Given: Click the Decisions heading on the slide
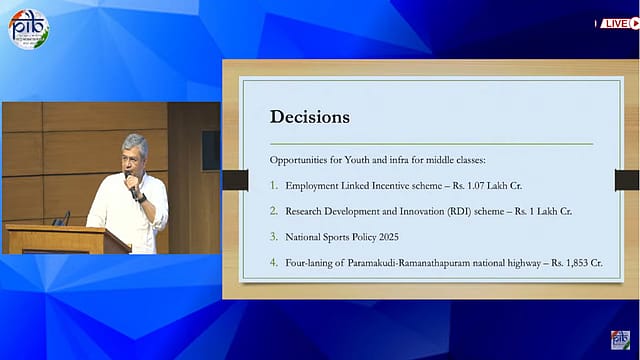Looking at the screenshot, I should tap(310, 117).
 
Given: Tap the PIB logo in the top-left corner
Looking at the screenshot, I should tap(28, 29).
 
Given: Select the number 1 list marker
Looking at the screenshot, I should tap(274, 186).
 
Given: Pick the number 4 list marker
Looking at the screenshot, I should tap(274, 263).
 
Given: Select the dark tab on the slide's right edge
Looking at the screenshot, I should tap(626, 180).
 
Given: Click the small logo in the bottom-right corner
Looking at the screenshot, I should tap(620, 340).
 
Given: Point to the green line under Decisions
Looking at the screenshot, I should tap(430, 144).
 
